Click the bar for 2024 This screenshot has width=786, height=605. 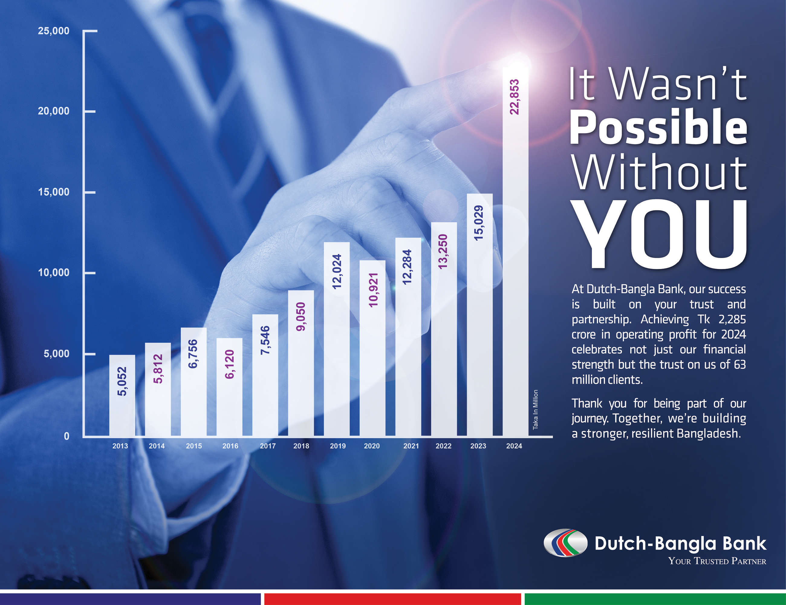click(x=515, y=251)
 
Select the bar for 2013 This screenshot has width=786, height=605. click(x=122, y=395)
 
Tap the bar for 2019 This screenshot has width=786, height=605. click(x=336, y=339)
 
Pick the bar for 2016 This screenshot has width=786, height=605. click(x=229, y=387)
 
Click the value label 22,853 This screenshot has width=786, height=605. click(x=515, y=97)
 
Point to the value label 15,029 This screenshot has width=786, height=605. click(x=478, y=223)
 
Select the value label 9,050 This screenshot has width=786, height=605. click(x=300, y=316)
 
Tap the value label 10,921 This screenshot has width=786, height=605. click(x=374, y=290)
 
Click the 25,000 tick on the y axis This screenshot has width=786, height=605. click(x=54, y=31)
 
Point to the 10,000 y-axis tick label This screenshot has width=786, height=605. click(x=54, y=273)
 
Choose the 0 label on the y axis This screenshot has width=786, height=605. click(x=67, y=436)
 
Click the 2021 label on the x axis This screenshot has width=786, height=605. click(x=411, y=446)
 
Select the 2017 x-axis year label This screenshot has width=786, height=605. click(x=268, y=446)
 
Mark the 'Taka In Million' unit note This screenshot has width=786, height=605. click(x=535, y=410)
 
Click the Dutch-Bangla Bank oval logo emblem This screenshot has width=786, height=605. click(x=565, y=543)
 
